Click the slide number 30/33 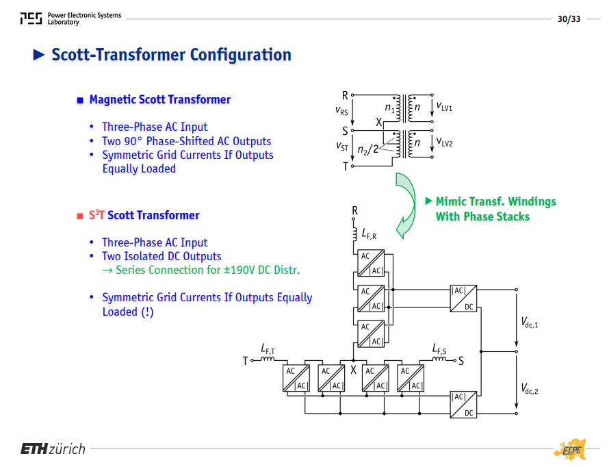(x=569, y=19)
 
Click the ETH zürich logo (x=53, y=449)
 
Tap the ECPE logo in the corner (x=571, y=450)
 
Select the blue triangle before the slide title (x=39, y=55)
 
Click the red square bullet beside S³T (x=80, y=216)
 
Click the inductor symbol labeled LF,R (x=355, y=235)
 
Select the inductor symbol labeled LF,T (x=268, y=359)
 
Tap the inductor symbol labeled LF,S (x=439, y=359)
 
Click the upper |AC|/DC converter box (x=463, y=299)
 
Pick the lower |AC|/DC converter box (x=463, y=405)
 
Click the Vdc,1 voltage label (x=530, y=323)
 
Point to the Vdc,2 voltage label (x=530, y=389)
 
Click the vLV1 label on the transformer (x=444, y=106)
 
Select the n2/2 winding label (x=367, y=149)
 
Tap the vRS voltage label (x=341, y=111)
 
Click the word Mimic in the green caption (x=450, y=201)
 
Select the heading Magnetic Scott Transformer (x=160, y=100)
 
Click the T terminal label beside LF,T (x=245, y=362)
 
